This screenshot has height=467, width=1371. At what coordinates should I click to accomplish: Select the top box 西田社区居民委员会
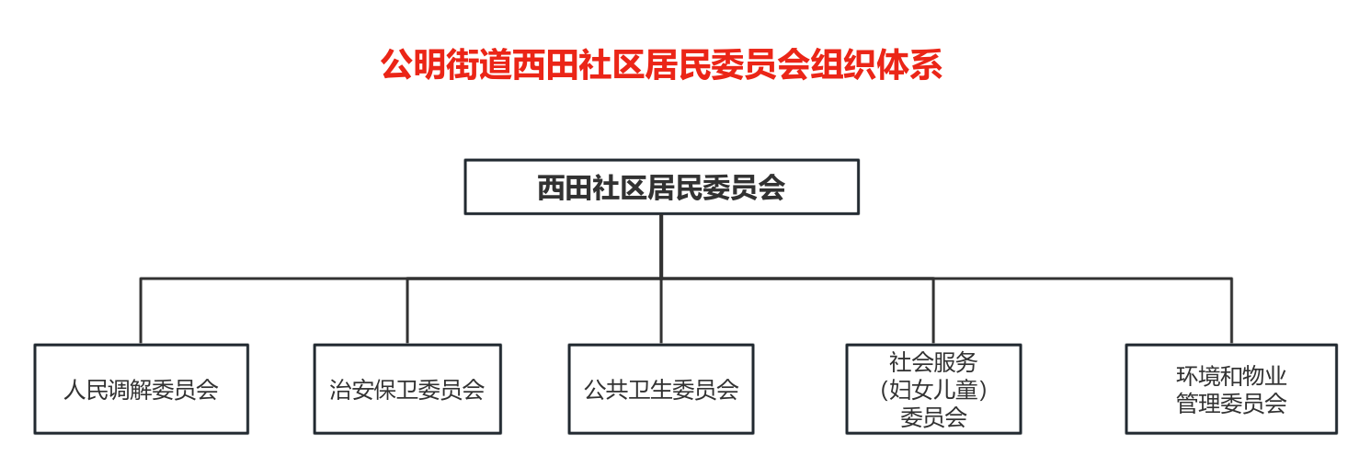click(661, 188)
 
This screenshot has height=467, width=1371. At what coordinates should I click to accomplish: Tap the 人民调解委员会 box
click(141, 389)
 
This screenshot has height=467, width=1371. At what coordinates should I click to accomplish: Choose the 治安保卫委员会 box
click(407, 389)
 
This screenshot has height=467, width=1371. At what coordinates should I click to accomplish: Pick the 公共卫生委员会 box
click(661, 389)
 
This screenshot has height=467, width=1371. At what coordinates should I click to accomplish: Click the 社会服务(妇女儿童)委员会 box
click(933, 389)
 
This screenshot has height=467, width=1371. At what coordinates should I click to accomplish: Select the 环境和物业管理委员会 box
click(1231, 389)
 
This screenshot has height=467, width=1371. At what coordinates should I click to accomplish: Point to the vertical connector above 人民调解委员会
click(141, 311)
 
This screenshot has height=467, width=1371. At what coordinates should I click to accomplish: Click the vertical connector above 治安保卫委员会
click(407, 311)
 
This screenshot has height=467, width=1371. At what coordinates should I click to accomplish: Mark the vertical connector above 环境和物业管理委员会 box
click(1231, 311)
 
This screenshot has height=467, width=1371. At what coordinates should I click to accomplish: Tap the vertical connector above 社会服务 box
click(933, 311)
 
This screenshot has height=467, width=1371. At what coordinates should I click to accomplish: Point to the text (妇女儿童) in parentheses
click(933, 390)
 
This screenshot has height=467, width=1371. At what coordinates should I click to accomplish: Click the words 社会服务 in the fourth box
click(933, 361)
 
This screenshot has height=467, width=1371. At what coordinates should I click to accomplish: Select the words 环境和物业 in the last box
click(1231, 376)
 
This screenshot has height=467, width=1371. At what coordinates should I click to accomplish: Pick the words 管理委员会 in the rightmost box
click(1231, 404)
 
